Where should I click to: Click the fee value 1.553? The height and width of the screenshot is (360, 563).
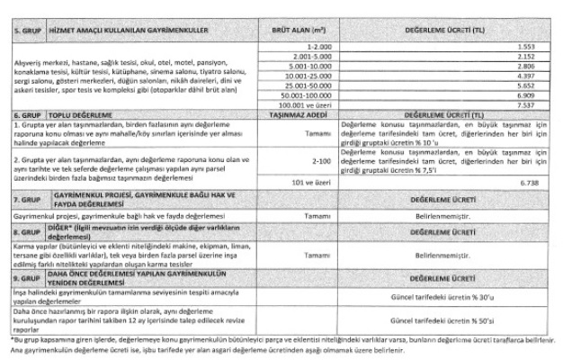[538, 45]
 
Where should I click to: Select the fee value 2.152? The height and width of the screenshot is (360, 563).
[538, 56]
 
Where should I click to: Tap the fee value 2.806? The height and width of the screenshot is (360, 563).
[538, 67]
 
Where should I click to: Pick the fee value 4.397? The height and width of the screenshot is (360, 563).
[538, 77]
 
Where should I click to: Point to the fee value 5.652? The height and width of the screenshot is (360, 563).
[538, 88]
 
